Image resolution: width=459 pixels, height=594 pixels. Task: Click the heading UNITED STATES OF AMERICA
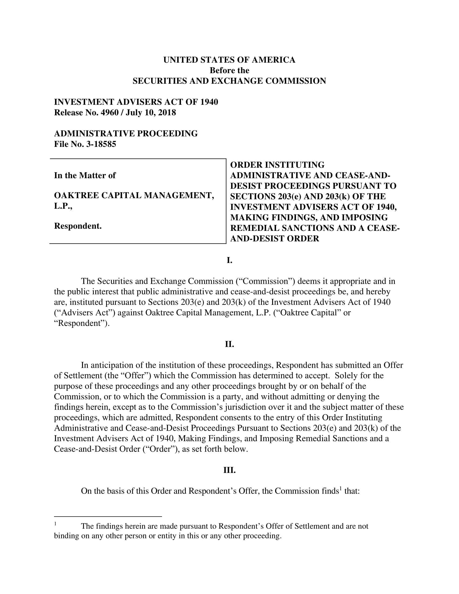click(x=229, y=60)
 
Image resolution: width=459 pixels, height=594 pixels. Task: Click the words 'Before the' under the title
click(x=229, y=70)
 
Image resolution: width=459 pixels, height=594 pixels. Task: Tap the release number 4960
click(x=109, y=112)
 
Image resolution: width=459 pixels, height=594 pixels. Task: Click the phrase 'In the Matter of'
click(x=85, y=175)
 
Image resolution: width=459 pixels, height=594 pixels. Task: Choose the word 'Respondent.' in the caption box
click(x=78, y=226)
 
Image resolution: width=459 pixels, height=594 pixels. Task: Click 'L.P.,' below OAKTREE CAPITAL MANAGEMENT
click(x=63, y=206)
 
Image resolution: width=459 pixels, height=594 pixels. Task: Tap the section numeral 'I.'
click(x=229, y=260)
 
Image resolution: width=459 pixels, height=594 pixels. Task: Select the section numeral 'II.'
click(x=229, y=344)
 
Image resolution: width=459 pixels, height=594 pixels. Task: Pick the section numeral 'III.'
click(x=229, y=470)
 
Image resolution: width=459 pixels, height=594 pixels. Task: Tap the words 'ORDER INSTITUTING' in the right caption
click(x=277, y=165)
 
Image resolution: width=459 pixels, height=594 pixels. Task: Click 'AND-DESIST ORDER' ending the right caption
click(x=274, y=238)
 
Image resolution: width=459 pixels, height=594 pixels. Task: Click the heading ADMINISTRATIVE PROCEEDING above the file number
click(x=126, y=134)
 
